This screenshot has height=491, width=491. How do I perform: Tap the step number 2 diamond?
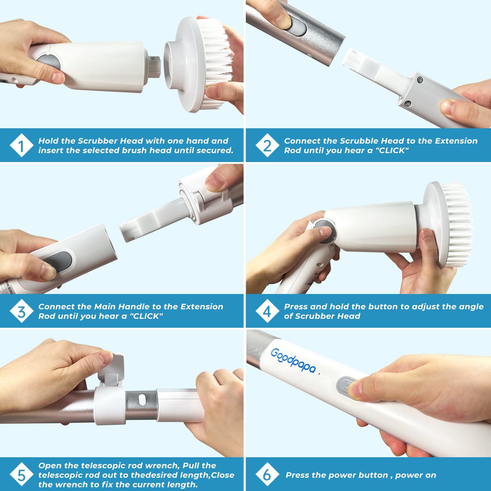[x=267, y=145]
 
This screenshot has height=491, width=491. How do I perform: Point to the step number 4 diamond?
[x=267, y=312]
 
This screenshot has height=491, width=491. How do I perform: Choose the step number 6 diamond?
[x=267, y=475]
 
